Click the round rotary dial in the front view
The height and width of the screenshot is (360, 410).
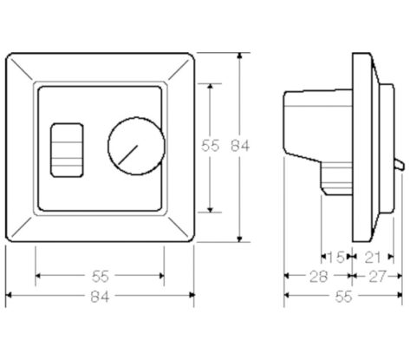pyautogui.click(x=137, y=146)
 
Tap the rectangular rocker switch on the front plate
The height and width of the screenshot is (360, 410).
pyautogui.click(x=67, y=150)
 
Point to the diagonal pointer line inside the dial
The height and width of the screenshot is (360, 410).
pyautogui.click(x=128, y=154)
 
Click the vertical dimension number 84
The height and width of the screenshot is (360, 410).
pyautogui.click(x=239, y=147)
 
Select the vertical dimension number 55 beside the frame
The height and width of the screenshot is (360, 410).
pyautogui.click(x=210, y=146)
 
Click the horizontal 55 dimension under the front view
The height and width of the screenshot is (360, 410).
pyautogui.click(x=101, y=277)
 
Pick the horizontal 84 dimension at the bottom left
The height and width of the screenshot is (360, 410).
pyautogui.click(x=100, y=297)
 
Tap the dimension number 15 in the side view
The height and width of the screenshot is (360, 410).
pyautogui.click(x=335, y=257)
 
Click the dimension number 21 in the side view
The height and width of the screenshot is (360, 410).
pyautogui.click(x=372, y=257)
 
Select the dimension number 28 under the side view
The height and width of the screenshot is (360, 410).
pyautogui.click(x=318, y=277)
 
